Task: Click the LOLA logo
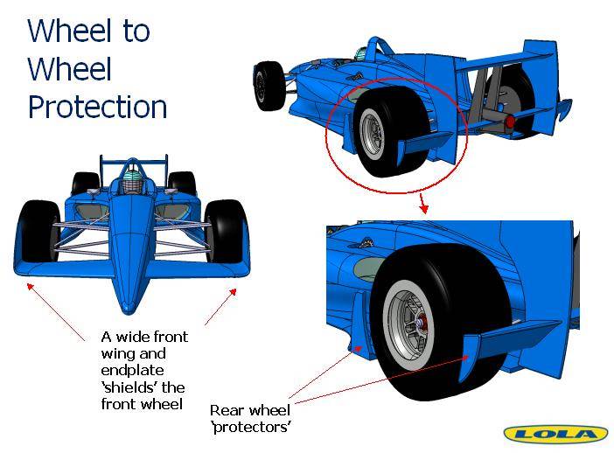coord(556,434)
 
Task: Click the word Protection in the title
coord(97,107)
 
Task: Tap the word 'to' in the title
coord(136,31)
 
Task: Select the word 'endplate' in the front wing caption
coord(132,371)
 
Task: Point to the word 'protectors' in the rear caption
coord(251,427)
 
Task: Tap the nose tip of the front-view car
coord(128,308)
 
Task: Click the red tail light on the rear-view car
coord(509,122)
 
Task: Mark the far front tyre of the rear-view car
coord(269,86)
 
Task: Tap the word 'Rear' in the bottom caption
coord(225,410)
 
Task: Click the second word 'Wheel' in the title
coord(70,68)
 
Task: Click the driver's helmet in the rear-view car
coord(361,54)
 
